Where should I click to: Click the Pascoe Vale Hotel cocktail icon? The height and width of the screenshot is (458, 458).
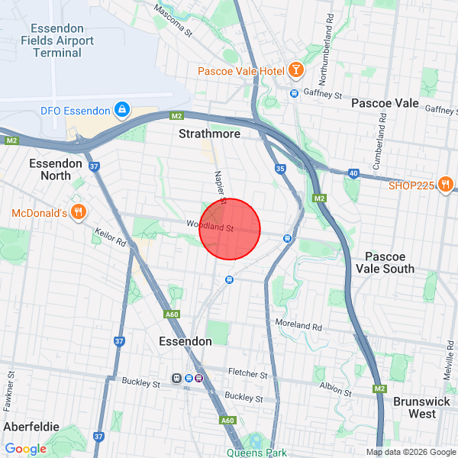coord(295,71)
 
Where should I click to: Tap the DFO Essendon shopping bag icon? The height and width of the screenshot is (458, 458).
coord(121,111)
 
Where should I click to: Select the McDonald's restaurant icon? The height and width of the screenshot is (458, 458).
coord(77,211)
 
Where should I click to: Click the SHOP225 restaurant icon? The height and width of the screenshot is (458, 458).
coord(447,184)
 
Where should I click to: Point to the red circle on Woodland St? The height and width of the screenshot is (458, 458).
coord(230,229)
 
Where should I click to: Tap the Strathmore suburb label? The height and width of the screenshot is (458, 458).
coord(209,134)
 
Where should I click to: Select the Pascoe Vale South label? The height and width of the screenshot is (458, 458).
coord(389,263)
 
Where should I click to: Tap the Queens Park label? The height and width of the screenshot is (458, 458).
coord(256,452)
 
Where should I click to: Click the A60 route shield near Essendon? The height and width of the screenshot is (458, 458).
coord(172,314)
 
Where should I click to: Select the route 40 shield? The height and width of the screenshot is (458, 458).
coord(353,174)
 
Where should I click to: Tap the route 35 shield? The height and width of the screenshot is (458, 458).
coord(280,169)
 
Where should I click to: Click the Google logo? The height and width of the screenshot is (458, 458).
coord(25,449)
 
